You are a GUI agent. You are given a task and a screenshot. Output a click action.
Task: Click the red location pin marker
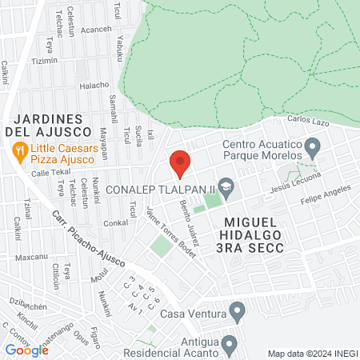tap(180, 163)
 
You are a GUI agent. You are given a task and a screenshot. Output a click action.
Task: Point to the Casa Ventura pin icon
tap(236, 310)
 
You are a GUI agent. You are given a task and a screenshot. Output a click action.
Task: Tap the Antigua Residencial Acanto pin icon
tap(230, 346)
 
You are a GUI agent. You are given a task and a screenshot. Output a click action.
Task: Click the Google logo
tap(27, 350)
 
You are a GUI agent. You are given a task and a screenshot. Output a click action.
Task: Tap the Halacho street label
tap(94, 85)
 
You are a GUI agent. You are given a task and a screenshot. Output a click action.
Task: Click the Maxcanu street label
tap(31, 258)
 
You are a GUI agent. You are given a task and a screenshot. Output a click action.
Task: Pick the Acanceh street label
tap(96, 30)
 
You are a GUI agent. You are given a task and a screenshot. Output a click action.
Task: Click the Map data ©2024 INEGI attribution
tap(311, 354)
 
